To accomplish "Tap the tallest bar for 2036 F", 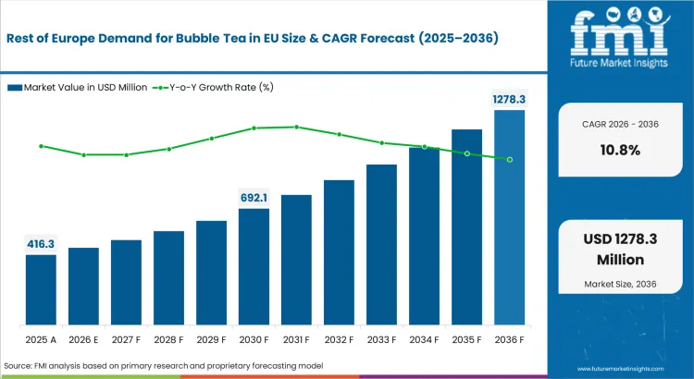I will click(x=510, y=216).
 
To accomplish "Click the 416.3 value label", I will click(x=41, y=244).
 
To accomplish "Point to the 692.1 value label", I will click(x=254, y=198).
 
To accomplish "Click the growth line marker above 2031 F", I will click(x=296, y=127).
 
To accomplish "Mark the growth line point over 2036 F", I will click(x=510, y=159).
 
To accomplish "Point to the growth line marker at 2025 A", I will click(x=41, y=146).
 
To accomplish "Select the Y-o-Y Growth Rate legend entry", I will click(x=218, y=88).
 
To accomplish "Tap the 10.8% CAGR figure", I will click(x=620, y=150).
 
